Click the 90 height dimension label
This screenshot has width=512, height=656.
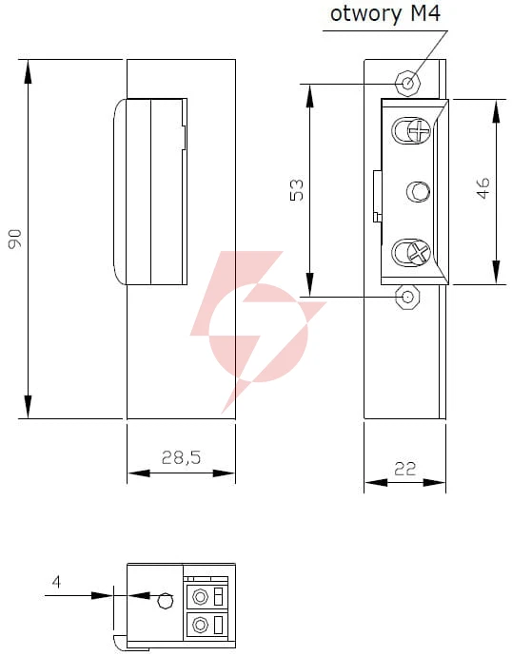pos(15,239)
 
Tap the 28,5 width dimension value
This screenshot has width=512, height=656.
pos(181,457)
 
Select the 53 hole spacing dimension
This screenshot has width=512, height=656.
pos(296,190)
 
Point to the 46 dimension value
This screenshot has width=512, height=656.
pos(482,188)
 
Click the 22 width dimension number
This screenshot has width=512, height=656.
pos(404,469)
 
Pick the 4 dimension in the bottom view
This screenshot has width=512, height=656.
pos(56,582)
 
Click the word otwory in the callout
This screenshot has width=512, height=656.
pos(365,14)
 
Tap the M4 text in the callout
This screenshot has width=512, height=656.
pos(425,13)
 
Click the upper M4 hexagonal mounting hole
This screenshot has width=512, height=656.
pos(407,83)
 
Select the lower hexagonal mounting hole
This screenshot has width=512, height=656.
pos(407,297)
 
